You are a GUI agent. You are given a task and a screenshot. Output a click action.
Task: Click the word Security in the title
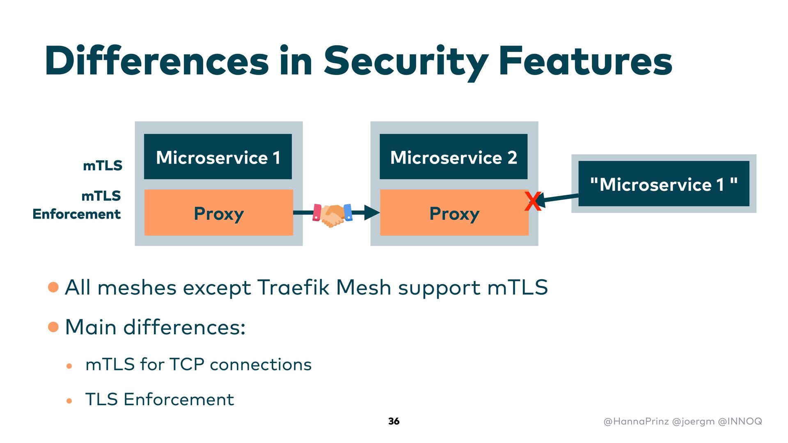(x=406, y=62)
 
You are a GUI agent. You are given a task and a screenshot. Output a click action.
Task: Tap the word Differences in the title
(x=157, y=61)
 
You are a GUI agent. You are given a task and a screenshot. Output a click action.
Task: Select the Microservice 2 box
(x=454, y=157)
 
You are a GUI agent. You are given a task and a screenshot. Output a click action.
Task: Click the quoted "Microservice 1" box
(x=664, y=184)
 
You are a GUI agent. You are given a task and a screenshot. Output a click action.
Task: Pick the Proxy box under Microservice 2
(x=454, y=212)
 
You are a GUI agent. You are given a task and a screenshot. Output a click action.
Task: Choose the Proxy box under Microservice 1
(x=219, y=212)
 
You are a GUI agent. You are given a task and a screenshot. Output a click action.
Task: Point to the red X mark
(x=533, y=201)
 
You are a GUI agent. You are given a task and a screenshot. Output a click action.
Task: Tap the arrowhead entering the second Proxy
(x=372, y=212)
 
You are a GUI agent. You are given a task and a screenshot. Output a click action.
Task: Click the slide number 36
(x=394, y=421)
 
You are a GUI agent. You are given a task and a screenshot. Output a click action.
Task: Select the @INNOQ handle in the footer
(x=740, y=421)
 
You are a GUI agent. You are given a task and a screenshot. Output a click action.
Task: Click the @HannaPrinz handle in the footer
(x=636, y=421)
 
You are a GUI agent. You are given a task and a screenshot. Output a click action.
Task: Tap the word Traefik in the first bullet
(x=293, y=287)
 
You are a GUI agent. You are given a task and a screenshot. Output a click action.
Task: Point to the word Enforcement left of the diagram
(x=77, y=214)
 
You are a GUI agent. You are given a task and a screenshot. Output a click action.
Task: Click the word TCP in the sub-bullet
(x=187, y=364)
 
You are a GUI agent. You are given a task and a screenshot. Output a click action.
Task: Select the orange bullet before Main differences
(x=53, y=327)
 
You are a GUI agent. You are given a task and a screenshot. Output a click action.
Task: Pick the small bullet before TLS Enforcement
(x=69, y=401)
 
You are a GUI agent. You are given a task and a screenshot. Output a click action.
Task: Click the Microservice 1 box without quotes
(x=218, y=157)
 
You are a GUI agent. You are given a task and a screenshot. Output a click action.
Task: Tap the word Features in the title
(x=585, y=61)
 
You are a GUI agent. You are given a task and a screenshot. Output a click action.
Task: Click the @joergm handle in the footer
(x=694, y=422)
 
